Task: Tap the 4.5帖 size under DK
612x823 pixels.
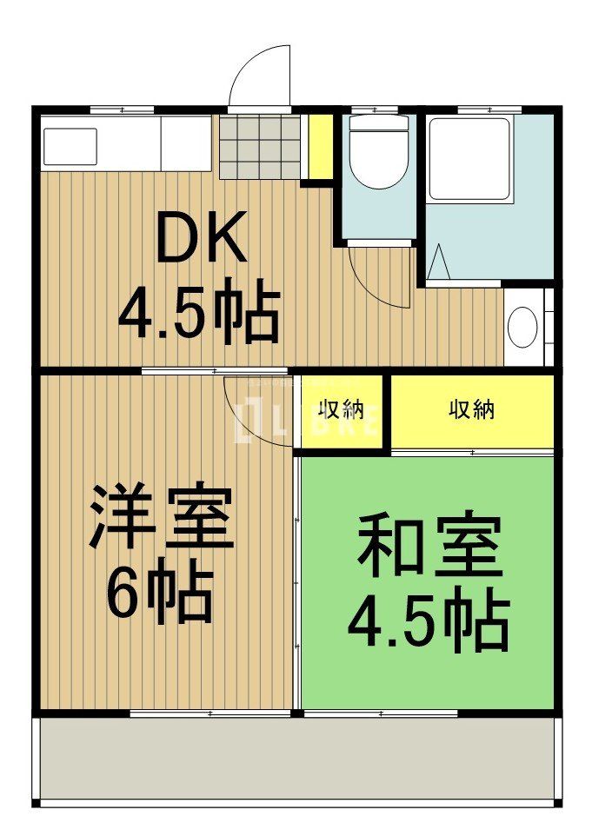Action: tap(199, 311)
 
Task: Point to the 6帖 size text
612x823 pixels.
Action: tap(159, 593)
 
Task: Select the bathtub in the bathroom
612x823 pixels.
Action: tap(469, 159)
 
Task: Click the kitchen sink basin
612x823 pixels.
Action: tap(70, 147)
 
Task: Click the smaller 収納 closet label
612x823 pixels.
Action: tap(340, 410)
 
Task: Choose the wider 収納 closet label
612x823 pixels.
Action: tap(471, 410)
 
